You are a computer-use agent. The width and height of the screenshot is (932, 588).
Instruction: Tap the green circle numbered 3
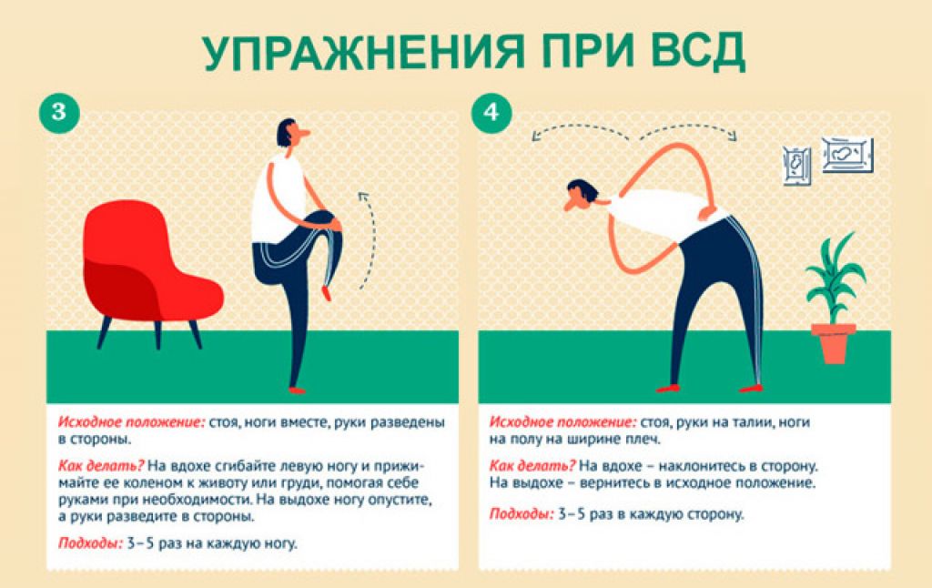coord(59,112)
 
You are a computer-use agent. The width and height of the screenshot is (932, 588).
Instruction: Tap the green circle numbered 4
coord(491,112)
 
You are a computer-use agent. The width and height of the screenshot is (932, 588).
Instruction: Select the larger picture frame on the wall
coord(847,155)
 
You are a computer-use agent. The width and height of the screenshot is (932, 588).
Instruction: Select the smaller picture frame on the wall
coord(796,166)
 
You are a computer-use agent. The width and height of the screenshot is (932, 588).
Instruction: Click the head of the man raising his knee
coord(291,133)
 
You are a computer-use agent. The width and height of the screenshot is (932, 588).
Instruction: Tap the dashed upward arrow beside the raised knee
coord(370,240)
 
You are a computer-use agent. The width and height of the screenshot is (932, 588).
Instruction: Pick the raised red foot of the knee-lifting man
coord(326,292)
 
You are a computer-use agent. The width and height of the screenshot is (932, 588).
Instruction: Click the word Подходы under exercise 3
coord(90,543)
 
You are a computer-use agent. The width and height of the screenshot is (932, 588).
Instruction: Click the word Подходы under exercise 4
coord(522,514)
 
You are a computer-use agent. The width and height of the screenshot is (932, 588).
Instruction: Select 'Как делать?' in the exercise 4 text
coord(532,465)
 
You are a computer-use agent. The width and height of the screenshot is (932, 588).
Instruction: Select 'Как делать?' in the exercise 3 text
coord(101,465)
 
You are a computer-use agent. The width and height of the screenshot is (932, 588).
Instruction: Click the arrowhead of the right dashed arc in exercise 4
coord(734,137)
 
